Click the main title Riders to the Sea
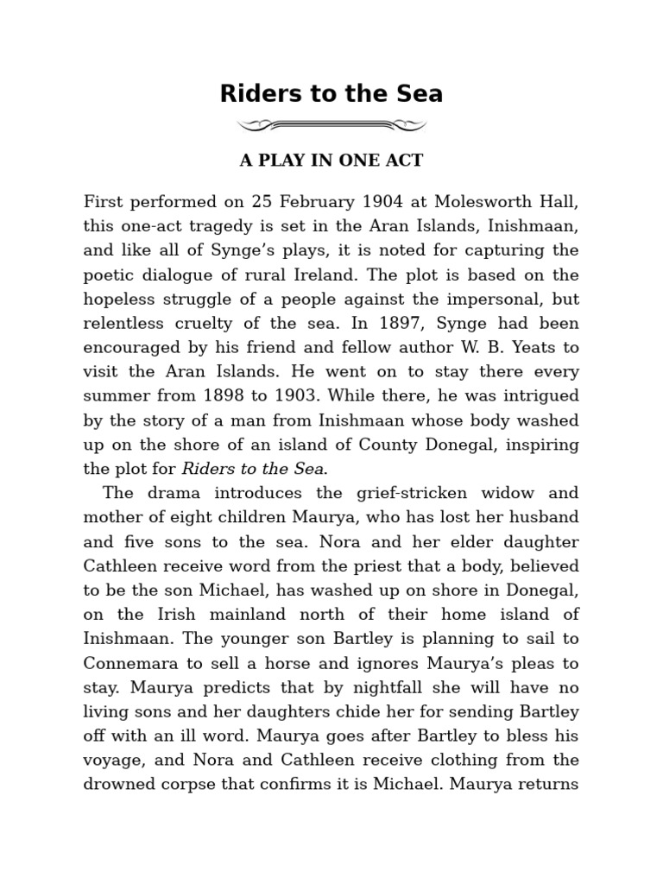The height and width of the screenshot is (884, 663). point(331,93)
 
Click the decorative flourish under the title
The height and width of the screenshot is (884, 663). point(331,127)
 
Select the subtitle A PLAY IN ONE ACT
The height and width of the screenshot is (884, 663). point(331,161)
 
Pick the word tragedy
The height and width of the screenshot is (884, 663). point(215,227)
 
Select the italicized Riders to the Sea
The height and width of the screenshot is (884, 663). point(253,469)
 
